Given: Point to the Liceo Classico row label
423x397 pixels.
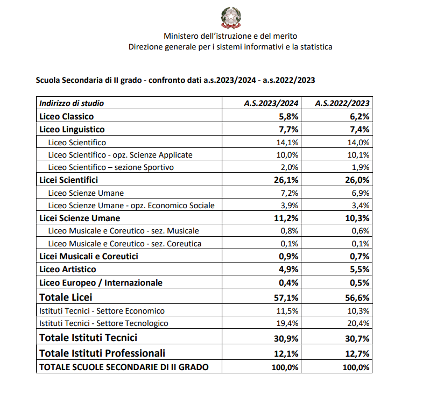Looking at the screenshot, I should pyautogui.click(x=67, y=116).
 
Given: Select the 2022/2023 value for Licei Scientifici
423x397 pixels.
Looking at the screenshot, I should pyautogui.click(x=356, y=180).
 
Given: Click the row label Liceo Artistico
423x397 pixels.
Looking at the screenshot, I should pyautogui.click(x=68, y=269).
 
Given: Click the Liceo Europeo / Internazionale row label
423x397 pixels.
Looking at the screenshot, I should pyautogui.click(x=101, y=282).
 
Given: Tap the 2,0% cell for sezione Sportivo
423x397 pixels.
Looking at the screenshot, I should pyautogui.click(x=290, y=167).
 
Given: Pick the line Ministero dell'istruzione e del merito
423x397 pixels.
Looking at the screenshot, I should pyautogui.click(x=230, y=36).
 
